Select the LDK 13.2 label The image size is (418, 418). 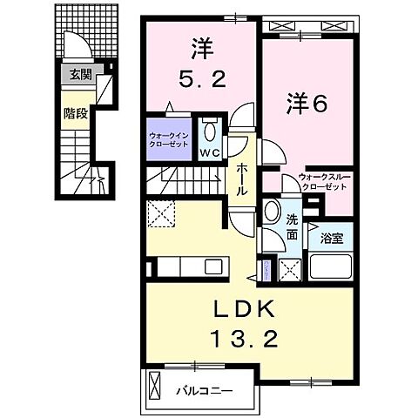pyautogui.click(x=245, y=321)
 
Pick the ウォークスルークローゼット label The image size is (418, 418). pyautogui.click(x=323, y=181)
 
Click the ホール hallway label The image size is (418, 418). pyautogui.click(x=243, y=179)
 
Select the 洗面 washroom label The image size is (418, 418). pyautogui.click(x=292, y=228)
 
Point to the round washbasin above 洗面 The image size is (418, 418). pyautogui.click(x=273, y=212)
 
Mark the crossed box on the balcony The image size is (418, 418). pyautogui.click(x=156, y=383)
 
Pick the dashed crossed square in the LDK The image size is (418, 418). pyautogui.click(x=160, y=212)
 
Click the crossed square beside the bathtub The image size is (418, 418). pyautogui.click(x=290, y=270)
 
